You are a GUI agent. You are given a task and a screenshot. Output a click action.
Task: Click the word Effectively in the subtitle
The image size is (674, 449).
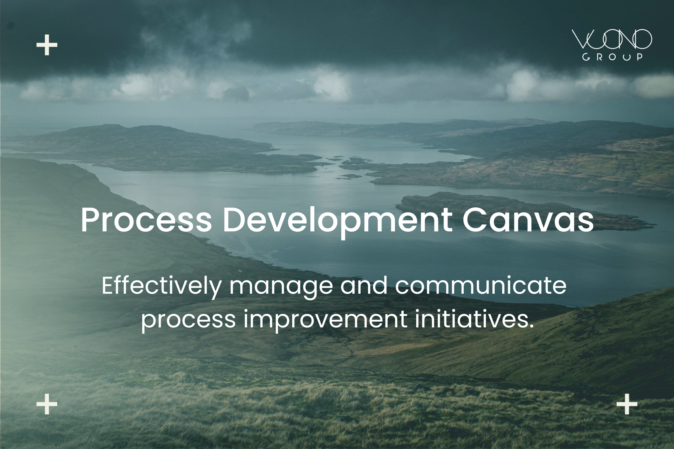[x=161, y=286]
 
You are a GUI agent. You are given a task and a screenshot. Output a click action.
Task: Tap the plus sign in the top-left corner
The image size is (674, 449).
[x=47, y=45]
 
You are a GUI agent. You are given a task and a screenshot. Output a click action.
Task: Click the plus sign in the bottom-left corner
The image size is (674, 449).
[x=47, y=404]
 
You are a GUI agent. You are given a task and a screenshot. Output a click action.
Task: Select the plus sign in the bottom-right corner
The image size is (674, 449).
[x=627, y=404]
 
